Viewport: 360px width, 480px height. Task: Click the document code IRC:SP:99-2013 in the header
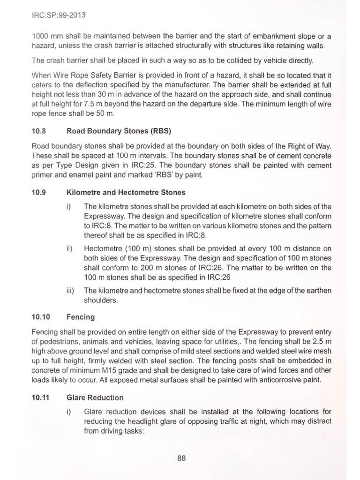(x=59, y=15)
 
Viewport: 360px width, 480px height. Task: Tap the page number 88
(x=181, y=458)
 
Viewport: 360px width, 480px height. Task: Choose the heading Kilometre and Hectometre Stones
(x=126, y=192)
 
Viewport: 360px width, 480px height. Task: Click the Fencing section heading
(x=81, y=317)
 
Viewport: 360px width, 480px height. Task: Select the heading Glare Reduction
(x=95, y=397)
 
